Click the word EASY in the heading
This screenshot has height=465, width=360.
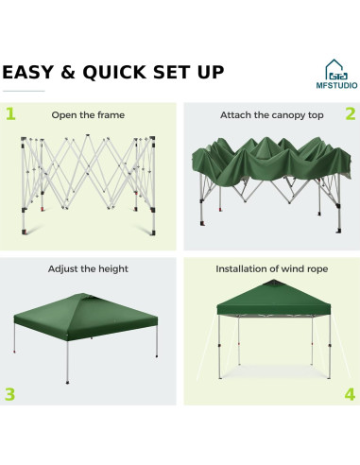pos(31,72)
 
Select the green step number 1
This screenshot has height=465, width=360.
pos(10,114)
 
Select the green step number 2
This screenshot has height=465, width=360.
pos(349,114)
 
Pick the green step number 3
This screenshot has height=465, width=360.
pos(10,393)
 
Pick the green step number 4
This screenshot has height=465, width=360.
pos(349,393)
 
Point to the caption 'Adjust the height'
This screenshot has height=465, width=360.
pos(88,269)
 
